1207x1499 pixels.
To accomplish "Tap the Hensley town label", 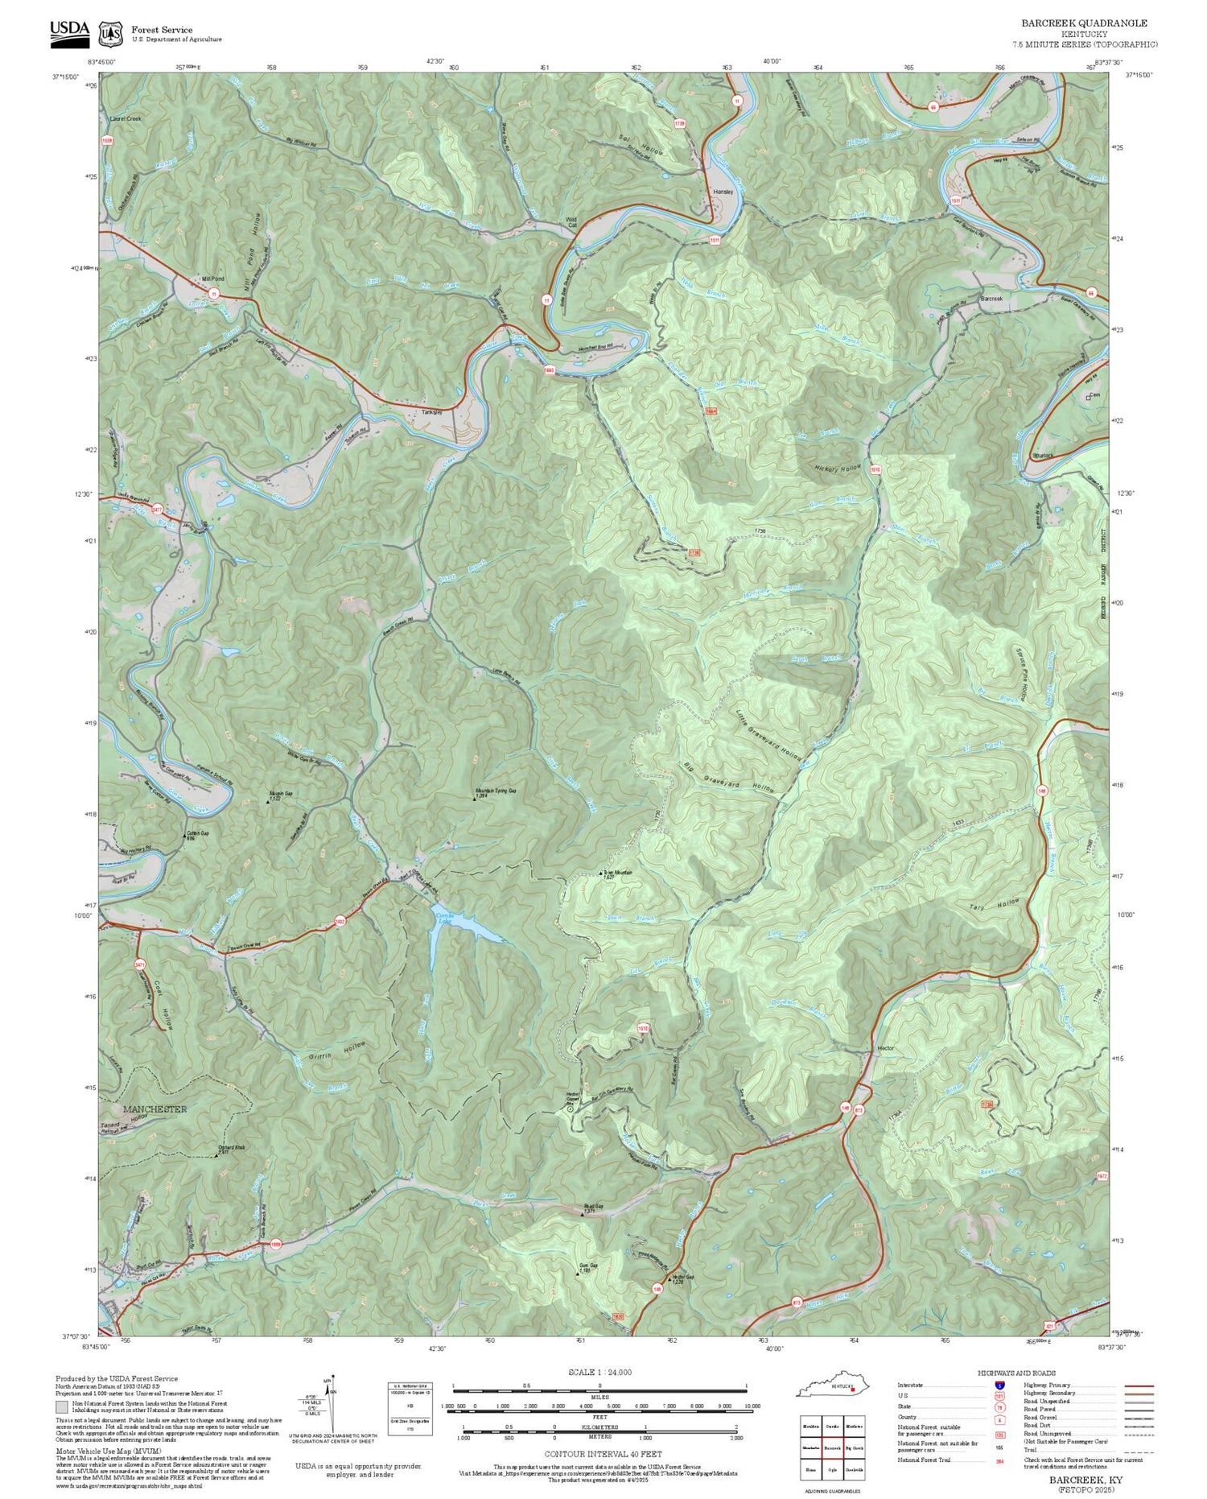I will [723, 192].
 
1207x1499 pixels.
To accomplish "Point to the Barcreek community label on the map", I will [991, 299].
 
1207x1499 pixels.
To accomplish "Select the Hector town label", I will [885, 1049].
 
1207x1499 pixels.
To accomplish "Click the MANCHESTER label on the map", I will [154, 1109].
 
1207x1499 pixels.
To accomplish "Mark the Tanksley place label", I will [432, 412].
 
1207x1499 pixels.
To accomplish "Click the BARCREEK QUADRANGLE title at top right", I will [1084, 23].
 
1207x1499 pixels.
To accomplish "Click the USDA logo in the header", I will [69, 32].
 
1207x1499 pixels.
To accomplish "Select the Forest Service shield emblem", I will [109, 34].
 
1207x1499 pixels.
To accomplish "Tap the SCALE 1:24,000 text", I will [599, 1373].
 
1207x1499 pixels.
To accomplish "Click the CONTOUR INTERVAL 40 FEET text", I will [603, 1454].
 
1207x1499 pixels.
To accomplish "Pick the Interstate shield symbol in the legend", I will [999, 1385].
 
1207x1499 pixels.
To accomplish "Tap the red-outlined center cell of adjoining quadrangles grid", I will [832, 1447].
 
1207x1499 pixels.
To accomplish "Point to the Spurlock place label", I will [1043, 456].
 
